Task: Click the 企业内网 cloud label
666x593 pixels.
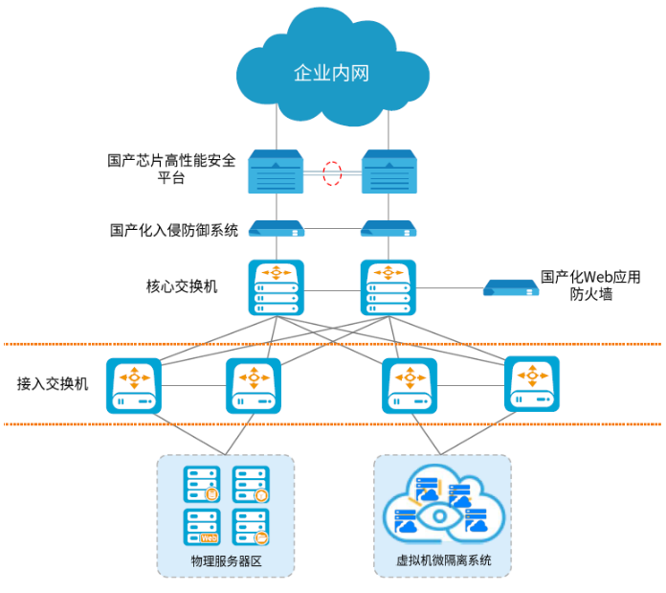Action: tap(331, 74)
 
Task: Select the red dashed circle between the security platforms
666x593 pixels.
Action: tap(332, 173)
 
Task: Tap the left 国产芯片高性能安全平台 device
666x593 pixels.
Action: tap(277, 173)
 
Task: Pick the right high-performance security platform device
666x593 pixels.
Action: tap(388, 173)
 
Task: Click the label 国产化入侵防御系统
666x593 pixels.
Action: tap(174, 230)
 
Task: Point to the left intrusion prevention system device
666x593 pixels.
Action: tap(277, 229)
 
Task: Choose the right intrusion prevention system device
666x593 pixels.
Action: tap(388, 229)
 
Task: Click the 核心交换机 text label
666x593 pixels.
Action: tap(182, 286)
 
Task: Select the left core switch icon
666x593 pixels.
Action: tap(277, 287)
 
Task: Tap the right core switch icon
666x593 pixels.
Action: tap(388, 287)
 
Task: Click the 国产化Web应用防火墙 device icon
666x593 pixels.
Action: tap(511, 287)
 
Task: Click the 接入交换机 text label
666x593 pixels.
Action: tap(53, 383)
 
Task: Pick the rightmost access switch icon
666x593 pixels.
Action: tap(532, 384)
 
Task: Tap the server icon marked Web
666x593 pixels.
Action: tap(202, 528)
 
